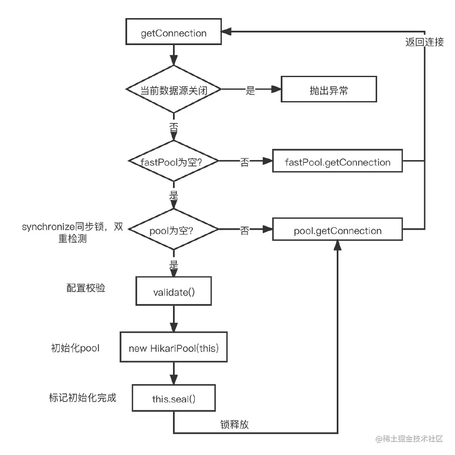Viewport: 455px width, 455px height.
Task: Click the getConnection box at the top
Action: tap(173, 33)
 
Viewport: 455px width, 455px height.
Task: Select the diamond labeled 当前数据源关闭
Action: tap(173, 90)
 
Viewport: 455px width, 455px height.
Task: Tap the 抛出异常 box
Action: tap(329, 90)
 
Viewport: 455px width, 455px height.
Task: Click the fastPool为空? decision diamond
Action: tap(173, 161)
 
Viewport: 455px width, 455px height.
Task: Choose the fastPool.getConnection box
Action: tap(337, 162)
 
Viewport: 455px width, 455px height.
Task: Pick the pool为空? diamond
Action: tap(173, 231)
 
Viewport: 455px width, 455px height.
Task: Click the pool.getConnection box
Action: tap(337, 231)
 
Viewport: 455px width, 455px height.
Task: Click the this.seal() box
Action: tap(173, 398)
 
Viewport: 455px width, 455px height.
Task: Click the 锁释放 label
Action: tap(234, 424)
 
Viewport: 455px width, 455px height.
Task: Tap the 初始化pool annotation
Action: tap(75, 348)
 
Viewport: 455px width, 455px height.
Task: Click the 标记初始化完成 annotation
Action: tap(82, 398)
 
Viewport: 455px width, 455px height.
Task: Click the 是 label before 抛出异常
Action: tap(250, 91)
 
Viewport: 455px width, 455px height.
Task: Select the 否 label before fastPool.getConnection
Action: tap(245, 162)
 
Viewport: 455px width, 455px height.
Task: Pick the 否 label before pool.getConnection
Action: tap(245, 231)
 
